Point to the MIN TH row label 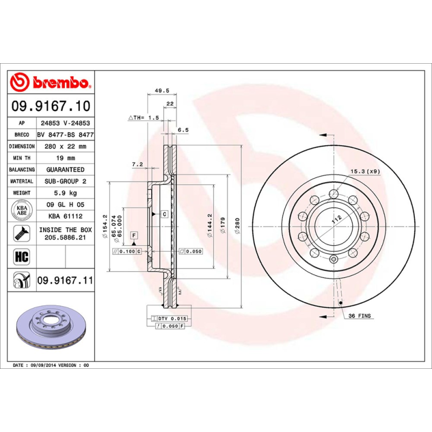[x=22, y=158]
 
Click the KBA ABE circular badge [x=22, y=210]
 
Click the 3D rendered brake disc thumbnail [x=52, y=329]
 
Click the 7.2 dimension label [x=137, y=164]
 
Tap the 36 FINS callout [x=360, y=315]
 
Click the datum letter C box [x=163, y=214]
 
